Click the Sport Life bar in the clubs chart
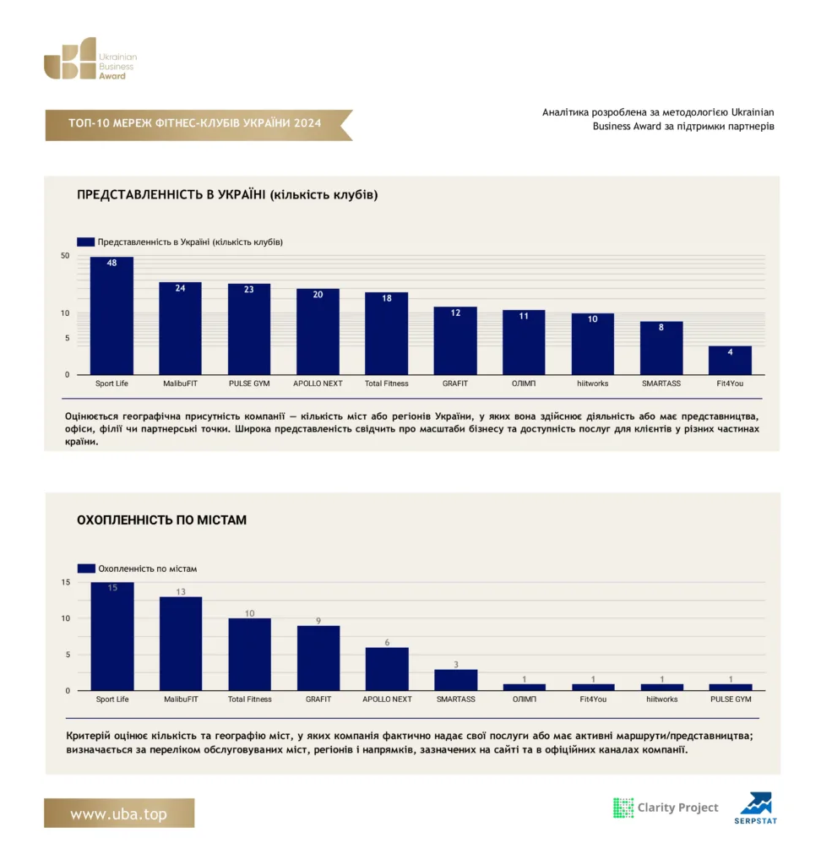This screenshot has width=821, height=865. pyautogui.click(x=111, y=316)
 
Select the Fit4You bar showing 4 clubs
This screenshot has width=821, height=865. pyautogui.click(x=730, y=360)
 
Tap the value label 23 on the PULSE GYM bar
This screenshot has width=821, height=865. pyautogui.click(x=249, y=290)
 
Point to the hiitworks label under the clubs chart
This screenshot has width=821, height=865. pyautogui.click(x=593, y=384)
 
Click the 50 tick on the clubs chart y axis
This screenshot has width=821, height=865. pyautogui.click(x=65, y=255)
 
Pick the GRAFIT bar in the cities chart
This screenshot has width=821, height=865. pyautogui.click(x=318, y=658)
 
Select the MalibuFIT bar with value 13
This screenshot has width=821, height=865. pyautogui.click(x=181, y=644)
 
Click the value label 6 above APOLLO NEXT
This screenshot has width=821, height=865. pyautogui.click(x=387, y=642)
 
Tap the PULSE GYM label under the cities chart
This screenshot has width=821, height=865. pyautogui.click(x=731, y=699)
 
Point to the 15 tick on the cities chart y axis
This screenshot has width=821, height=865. pyautogui.click(x=66, y=582)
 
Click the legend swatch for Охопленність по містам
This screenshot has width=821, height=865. pyautogui.click(x=86, y=569)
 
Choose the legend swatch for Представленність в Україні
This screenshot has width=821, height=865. pyautogui.click(x=85, y=242)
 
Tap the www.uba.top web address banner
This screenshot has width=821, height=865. pyautogui.click(x=119, y=813)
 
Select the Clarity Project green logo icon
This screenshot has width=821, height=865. pyautogui.click(x=623, y=808)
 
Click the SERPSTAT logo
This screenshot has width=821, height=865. pyautogui.click(x=756, y=808)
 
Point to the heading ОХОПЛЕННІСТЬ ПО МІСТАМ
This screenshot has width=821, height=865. pyautogui.click(x=161, y=520)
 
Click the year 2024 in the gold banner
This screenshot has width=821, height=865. pyautogui.click(x=307, y=123)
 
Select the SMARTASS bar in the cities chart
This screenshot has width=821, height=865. pyautogui.click(x=456, y=680)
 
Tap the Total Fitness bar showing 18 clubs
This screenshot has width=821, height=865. pyautogui.click(x=386, y=333)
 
